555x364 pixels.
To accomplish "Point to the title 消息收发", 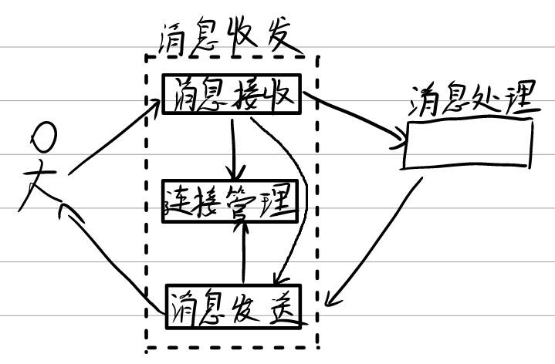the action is [226, 37].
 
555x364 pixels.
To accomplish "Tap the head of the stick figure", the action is [44, 137].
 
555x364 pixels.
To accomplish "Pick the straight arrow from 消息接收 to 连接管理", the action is [232, 149].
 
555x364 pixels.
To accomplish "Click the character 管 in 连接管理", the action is [241, 201].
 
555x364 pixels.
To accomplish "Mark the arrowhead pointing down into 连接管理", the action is [235, 173].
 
